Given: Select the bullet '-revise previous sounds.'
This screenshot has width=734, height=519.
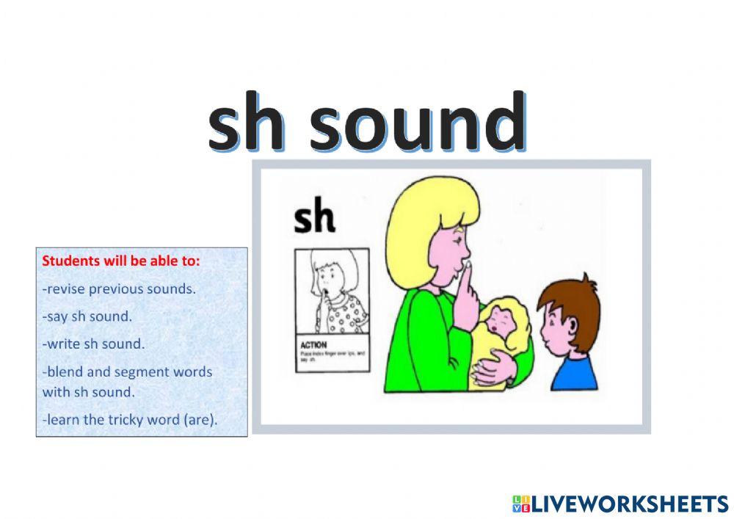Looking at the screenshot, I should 119,288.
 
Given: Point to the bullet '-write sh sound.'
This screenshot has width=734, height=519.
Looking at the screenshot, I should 93,344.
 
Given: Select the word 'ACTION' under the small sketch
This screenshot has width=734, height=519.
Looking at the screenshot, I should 314,344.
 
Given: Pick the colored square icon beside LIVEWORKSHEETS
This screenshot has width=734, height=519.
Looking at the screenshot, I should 520,504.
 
